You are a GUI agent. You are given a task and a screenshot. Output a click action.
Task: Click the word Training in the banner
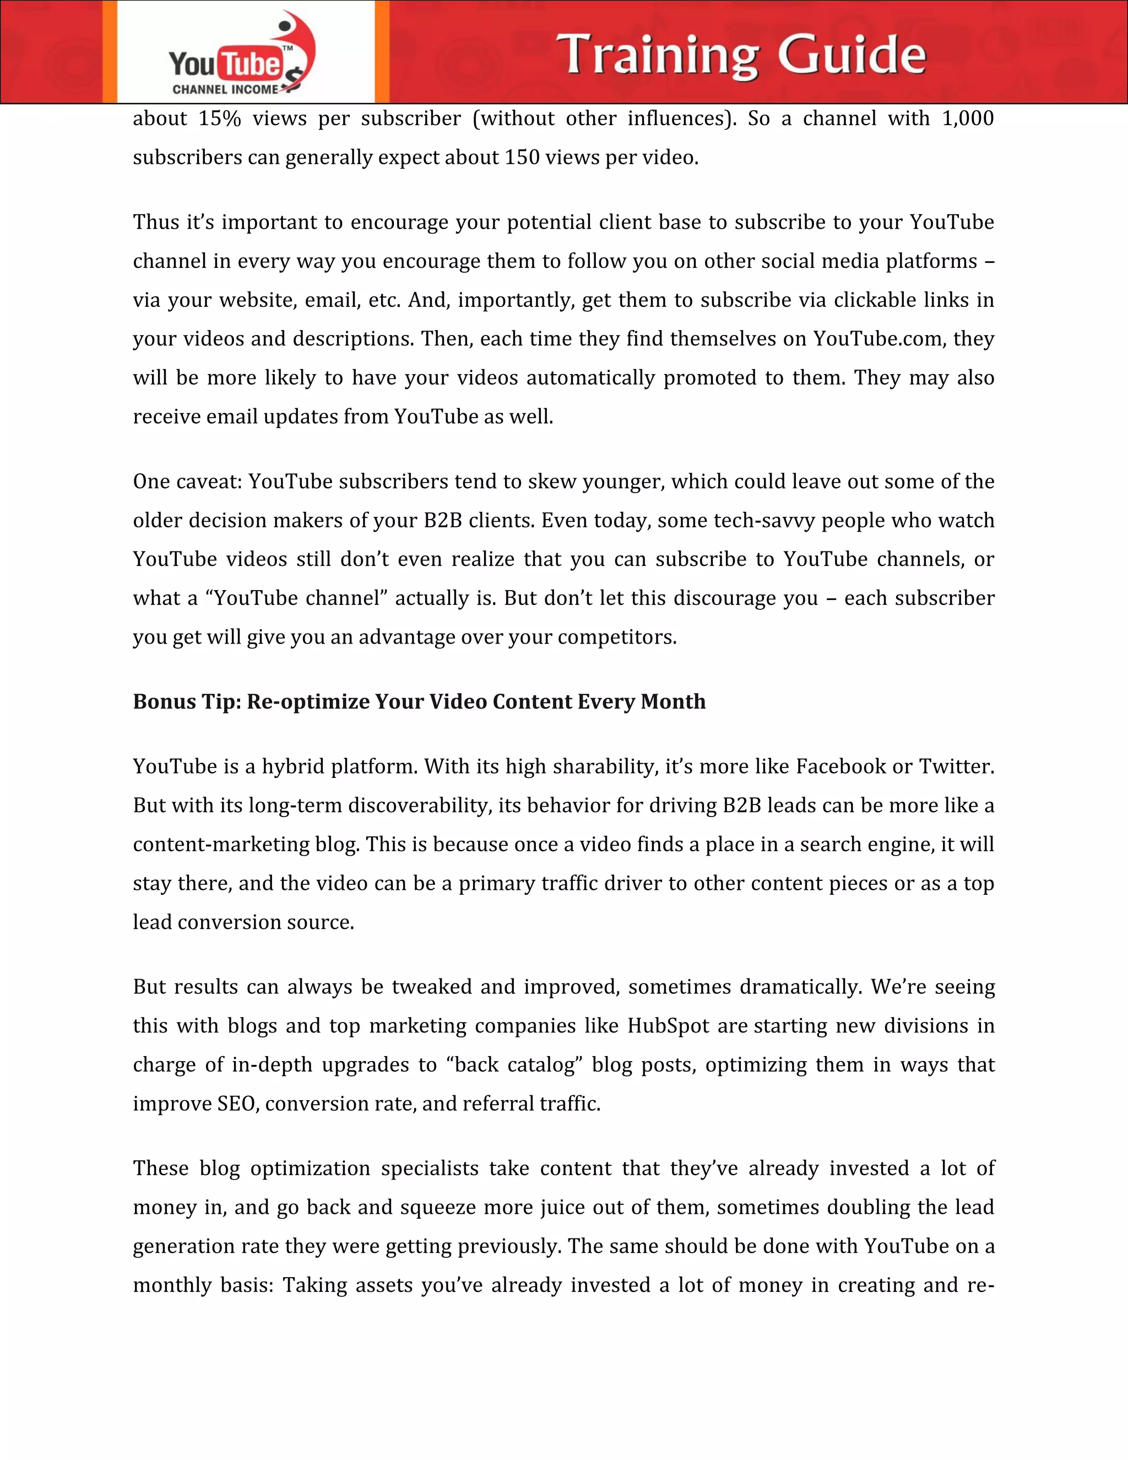click(x=658, y=56)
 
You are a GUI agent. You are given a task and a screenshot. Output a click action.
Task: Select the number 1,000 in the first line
click(x=967, y=119)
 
